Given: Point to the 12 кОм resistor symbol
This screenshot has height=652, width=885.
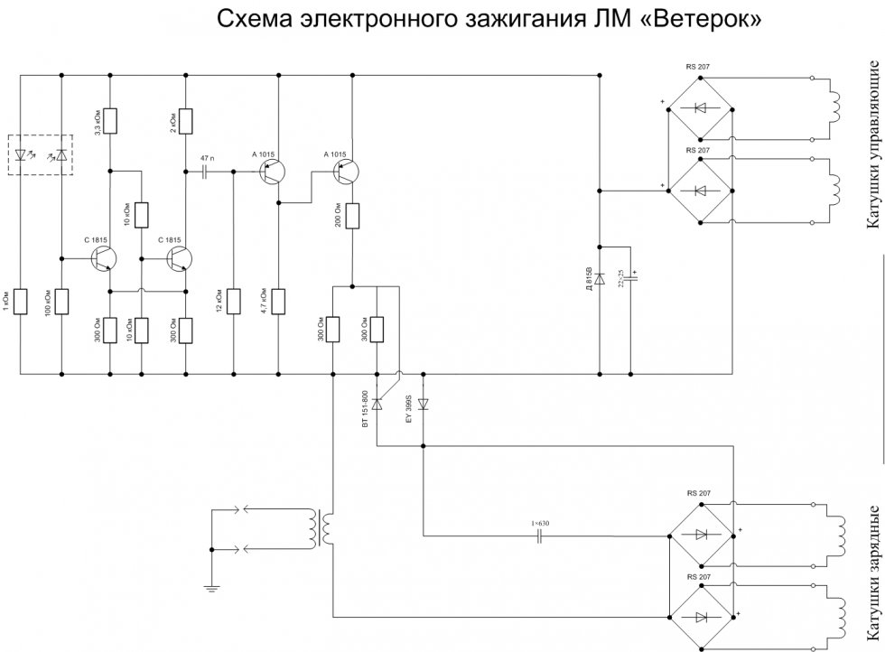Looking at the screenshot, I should point(233,301).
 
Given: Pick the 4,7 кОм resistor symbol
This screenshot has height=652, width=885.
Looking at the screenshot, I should point(278,301).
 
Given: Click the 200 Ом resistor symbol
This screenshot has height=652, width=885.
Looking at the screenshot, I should point(352,217).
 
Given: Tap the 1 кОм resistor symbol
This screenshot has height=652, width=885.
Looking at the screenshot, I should point(20,301).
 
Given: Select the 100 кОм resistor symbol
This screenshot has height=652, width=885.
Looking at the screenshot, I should point(61,301).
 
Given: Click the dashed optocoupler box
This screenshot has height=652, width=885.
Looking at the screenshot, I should point(53,154).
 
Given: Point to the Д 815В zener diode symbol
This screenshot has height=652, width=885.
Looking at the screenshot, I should point(600,277).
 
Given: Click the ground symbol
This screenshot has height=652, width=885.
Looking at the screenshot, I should point(209,589).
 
